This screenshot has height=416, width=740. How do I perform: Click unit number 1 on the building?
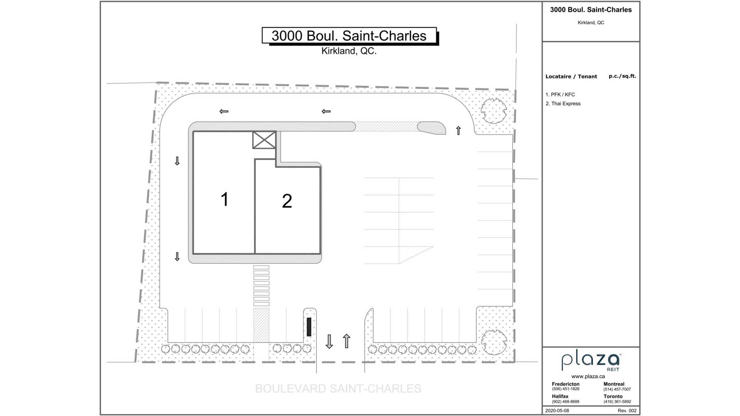click(225, 200)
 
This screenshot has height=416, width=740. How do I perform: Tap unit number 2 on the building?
click(287, 201)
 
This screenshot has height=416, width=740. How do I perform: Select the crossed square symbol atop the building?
click(264, 140)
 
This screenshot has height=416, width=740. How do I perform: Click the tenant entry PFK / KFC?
click(560, 94)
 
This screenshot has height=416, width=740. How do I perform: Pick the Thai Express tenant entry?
click(563, 104)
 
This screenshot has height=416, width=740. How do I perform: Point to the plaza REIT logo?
click(590, 362)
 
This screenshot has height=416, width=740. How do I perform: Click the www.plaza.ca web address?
click(588, 376)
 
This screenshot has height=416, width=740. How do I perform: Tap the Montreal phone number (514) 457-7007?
click(617, 389)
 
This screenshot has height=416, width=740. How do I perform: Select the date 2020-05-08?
click(557, 411)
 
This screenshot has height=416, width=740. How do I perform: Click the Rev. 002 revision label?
click(627, 411)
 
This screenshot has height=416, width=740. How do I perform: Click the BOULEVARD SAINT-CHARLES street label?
click(338, 389)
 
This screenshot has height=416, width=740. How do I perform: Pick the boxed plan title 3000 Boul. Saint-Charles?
click(349, 35)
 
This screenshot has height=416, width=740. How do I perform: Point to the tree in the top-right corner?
click(494, 111)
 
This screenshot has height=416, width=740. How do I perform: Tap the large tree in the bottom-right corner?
click(494, 342)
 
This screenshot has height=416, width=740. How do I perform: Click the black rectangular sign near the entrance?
click(309, 327)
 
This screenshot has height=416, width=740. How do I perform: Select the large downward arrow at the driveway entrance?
click(329, 342)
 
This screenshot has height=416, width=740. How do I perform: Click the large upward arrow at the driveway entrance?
click(346, 341)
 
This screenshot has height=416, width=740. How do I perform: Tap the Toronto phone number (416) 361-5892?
click(617, 402)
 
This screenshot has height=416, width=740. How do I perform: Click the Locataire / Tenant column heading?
click(571, 77)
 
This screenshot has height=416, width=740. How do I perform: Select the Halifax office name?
click(560, 396)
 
